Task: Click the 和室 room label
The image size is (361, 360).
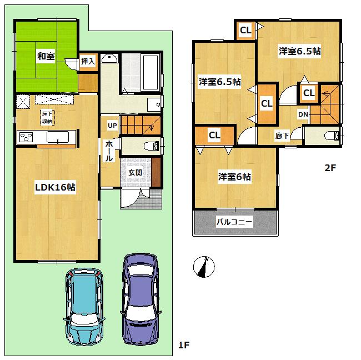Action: (45, 56)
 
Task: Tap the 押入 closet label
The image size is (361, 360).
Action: (88, 61)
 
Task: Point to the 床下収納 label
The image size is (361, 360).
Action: (47, 117)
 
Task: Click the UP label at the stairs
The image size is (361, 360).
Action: (112, 126)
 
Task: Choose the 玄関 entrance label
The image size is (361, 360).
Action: (135, 172)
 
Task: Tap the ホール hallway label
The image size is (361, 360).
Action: (109, 151)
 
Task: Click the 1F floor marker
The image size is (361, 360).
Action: (184, 346)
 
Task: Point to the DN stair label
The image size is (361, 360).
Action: (303, 114)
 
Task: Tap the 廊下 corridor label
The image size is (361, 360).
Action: (282, 135)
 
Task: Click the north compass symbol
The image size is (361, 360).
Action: (203, 267)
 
